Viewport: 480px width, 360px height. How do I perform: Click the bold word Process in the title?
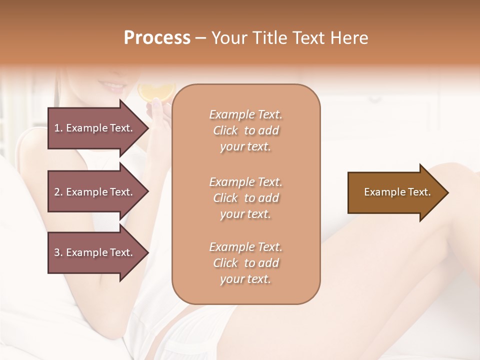click(x=157, y=38)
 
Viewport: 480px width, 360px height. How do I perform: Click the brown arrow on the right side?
click(x=395, y=192)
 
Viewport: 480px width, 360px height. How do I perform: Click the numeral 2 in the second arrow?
click(x=56, y=192)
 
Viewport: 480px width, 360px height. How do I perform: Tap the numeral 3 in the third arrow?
click(x=56, y=252)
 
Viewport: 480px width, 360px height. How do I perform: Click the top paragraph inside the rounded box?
click(x=245, y=130)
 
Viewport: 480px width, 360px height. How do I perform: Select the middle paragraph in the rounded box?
click(x=245, y=197)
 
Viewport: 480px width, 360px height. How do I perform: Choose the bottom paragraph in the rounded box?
click(x=245, y=263)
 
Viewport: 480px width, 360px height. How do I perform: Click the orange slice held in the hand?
click(x=156, y=91)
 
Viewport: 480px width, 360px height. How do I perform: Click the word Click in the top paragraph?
click(x=225, y=130)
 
